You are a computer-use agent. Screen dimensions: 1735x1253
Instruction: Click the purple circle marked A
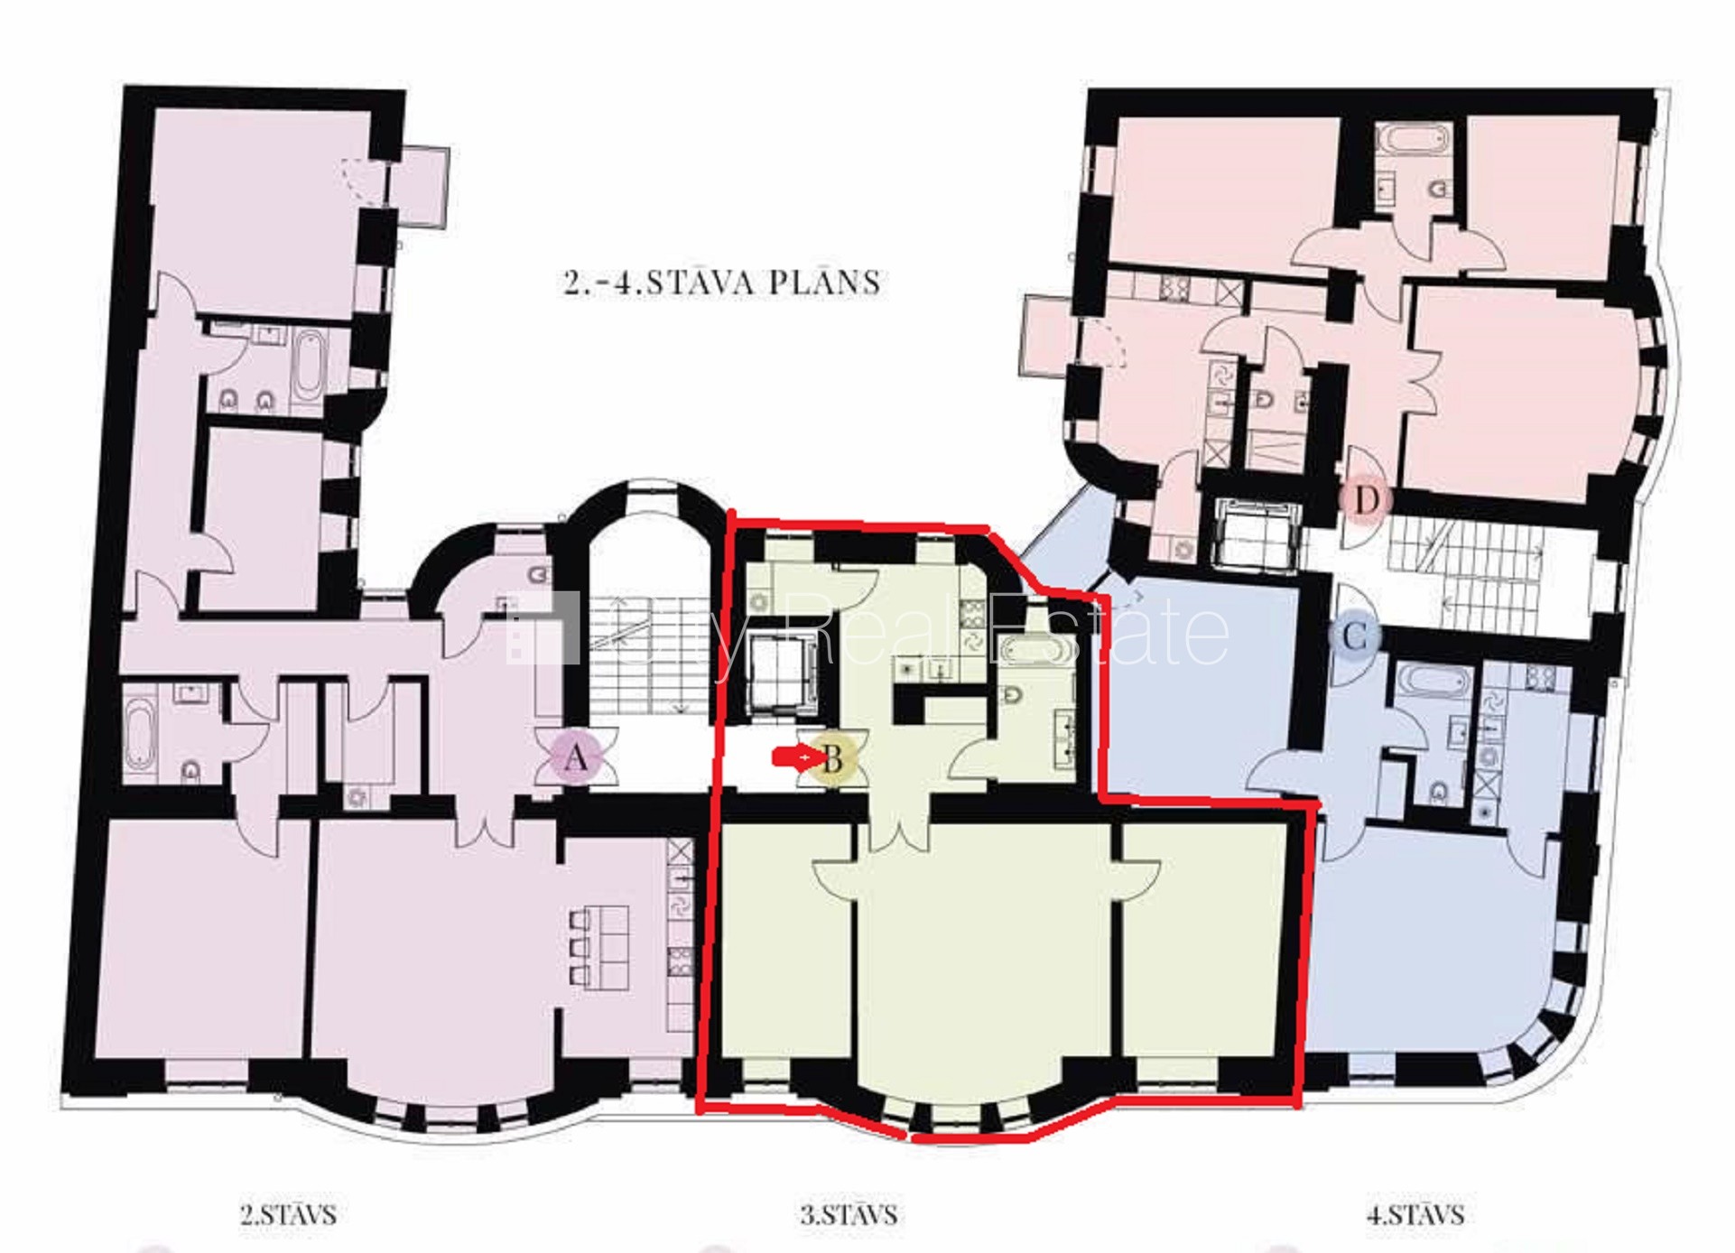(575, 757)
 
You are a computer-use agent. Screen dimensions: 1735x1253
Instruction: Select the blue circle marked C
(1355, 636)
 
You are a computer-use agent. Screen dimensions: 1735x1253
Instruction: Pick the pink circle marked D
(1367, 499)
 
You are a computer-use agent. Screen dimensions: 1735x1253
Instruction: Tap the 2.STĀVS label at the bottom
(288, 1214)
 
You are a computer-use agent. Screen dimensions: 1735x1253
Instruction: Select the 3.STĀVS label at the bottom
(849, 1214)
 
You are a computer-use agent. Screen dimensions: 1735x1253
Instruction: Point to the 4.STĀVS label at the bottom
(1415, 1214)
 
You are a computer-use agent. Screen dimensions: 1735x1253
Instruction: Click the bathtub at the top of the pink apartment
(1414, 140)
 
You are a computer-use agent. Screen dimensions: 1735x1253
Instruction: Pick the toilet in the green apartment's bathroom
(1013, 696)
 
